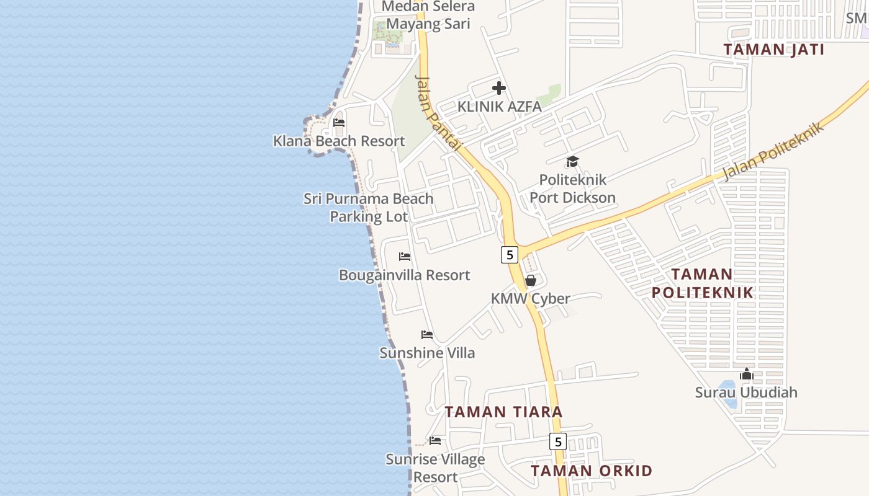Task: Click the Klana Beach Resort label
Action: click(x=339, y=141)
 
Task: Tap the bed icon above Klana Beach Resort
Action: click(x=339, y=123)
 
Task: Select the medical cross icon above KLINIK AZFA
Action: click(x=499, y=88)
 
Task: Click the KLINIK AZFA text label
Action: click(x=499, y=107)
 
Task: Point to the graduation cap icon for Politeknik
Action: click(x=572, y=162)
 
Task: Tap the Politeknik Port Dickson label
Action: click(x=572, y=188)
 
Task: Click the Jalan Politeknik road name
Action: click(x=773, y=151)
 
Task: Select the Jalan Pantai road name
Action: click(x=438, y=113)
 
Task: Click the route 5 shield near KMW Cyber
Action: click(x=509, y=254)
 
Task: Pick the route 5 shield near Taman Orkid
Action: click(x=558, y=441)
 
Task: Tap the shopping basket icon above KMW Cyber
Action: click(x=530, y=280)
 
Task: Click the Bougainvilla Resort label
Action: click(x=404, y=275)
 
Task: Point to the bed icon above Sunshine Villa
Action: click(x=427, y=335)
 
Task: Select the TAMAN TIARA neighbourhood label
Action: click(x=503, y=412)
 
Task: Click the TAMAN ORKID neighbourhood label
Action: click(x=592, y=471)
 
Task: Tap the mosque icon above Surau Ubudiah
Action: click(x=746, y=374)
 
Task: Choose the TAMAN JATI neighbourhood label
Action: click(x=773, y=50)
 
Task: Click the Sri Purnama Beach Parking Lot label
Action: click(x=368, y=207)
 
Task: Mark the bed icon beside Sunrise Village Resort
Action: click(x=435, y=441)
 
